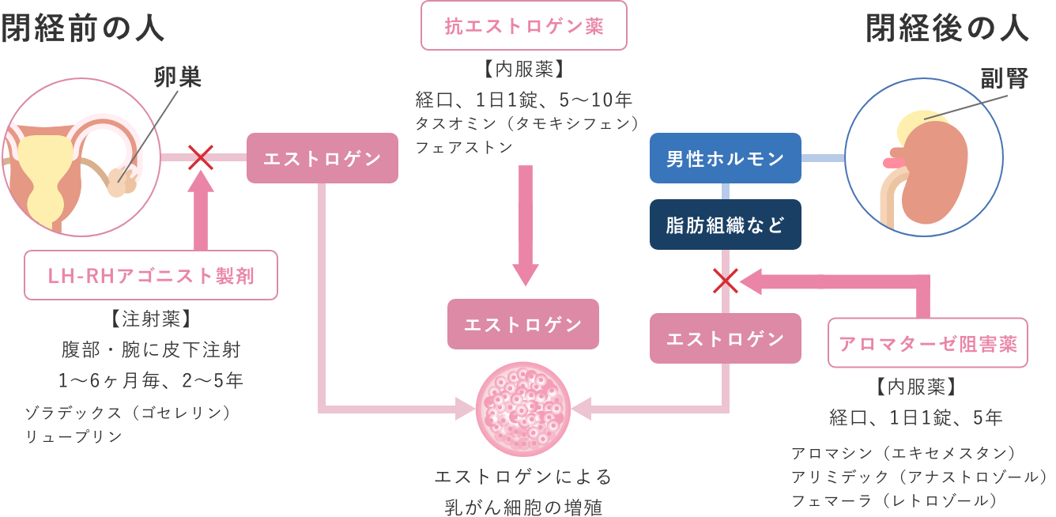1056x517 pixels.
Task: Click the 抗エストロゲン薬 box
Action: pyautogui.click(x=524, y=26)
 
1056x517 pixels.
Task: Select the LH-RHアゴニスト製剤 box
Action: pyautogui.click(x=151, y=275)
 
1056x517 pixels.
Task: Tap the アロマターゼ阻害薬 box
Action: pyautogui.click(x=927, y=343)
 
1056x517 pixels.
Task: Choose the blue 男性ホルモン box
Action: pyautogui.click(x=725, y=158)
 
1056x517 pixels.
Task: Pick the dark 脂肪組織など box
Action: pyautogui.click(x=725, y=225)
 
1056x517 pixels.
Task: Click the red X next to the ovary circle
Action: pyautogui.click(x=201, y=157)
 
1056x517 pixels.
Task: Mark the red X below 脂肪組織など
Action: pyautogui.click(x=726, y=279)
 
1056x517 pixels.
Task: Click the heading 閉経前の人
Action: pyautogui.click(x=82, y=29)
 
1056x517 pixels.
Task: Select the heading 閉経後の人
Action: pyautogui.click(x=947, y=29)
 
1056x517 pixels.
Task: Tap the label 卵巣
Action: pyautogui.click(x=177, y=77)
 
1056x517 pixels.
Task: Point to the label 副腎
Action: pyautogui.click(x=1003, y=78)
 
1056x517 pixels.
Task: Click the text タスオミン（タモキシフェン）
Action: pyautogui.click(x=526, y=124)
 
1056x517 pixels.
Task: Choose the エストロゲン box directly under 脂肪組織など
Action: pyautogui.click(x=725, y=338)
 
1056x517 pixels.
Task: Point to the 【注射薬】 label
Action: pyautogui.click(x=150, y=319)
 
